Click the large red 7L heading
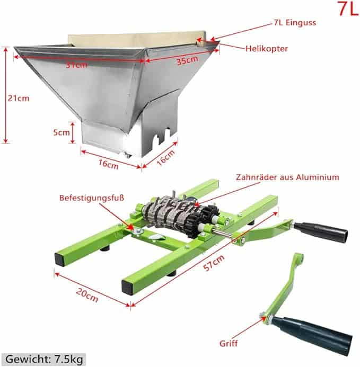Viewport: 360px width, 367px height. [x=348, y=8]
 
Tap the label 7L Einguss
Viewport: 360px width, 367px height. [x=295, y=23]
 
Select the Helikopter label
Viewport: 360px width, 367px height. [x=267, y=48]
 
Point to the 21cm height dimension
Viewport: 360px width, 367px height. [x=19, y=98]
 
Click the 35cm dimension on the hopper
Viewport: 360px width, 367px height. [x=187, y=60]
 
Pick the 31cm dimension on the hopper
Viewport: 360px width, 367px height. [x=76, y=65]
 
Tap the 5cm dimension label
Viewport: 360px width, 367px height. [x=62, y=132]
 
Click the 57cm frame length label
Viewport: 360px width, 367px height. [x=214, y=263]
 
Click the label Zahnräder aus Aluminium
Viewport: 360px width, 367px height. [x=287, y=177]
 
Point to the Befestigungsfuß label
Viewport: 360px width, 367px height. [x=92, y=198]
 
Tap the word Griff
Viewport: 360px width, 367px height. [x=229, y=344]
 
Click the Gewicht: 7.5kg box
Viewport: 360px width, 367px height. [x=44, y=359]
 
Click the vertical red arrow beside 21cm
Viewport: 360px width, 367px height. [x=6, y=95]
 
